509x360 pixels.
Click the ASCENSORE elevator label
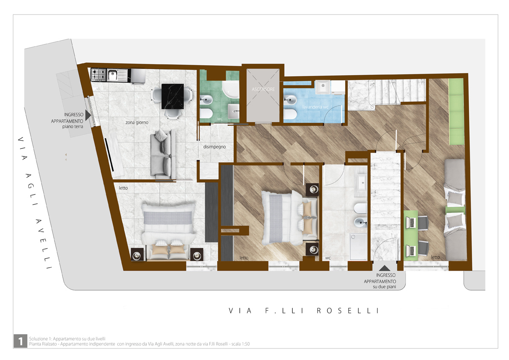point(263,89)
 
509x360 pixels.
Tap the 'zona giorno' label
point(137,122)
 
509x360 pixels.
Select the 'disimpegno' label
point(214,147)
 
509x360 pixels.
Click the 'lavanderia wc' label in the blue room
point(315,107)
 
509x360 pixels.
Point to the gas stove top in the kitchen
point(99,75)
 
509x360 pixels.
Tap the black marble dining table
point(172,96)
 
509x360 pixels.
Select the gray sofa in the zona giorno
point(163,154)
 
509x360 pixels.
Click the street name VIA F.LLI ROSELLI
point(304,311)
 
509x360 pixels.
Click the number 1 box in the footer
point(21,341)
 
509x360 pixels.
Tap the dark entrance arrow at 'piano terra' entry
point(88,115)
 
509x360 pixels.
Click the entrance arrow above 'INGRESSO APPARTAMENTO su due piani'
point(384,268)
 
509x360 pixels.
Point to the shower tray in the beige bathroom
point(359,247)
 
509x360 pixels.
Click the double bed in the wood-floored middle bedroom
point(290,217)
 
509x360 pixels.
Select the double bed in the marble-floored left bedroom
point(168,231)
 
